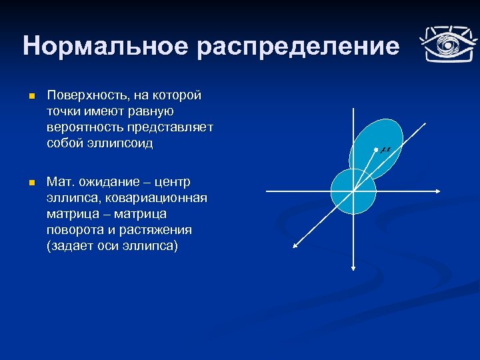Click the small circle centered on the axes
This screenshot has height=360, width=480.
click(x=353, y=191)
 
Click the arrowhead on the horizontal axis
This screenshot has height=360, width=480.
click(x=438, y=191)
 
